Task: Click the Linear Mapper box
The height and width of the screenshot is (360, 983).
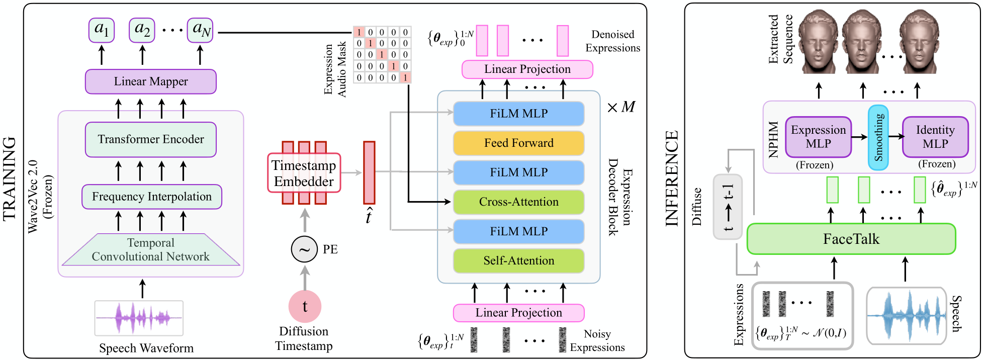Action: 150,81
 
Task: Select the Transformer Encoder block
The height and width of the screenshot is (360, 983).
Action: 150,139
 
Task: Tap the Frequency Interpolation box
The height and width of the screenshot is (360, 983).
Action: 151,197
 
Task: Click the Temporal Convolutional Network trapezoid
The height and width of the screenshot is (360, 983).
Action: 150,250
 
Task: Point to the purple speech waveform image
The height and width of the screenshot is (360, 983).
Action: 139,318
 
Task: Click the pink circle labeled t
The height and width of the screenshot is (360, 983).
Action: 305,306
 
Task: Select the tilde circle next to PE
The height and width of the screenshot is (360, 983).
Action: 304,249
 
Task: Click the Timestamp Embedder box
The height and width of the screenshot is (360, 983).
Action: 304,173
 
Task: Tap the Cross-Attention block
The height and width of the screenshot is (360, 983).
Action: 518,202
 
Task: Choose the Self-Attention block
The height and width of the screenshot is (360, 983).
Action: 518,260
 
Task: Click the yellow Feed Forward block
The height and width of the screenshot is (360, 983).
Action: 518,143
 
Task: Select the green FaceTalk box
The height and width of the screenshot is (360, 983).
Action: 851,239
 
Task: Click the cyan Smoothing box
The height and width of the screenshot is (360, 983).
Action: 878,137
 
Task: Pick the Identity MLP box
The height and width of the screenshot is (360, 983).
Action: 935,137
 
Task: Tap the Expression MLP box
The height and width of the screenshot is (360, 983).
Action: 818,137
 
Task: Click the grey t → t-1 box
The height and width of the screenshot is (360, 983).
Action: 727,207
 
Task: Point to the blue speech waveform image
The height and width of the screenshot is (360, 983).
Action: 906,316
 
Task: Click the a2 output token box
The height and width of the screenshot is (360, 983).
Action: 142,30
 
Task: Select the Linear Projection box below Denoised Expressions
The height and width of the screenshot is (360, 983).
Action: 527,69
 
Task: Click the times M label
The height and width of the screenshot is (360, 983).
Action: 621,107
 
